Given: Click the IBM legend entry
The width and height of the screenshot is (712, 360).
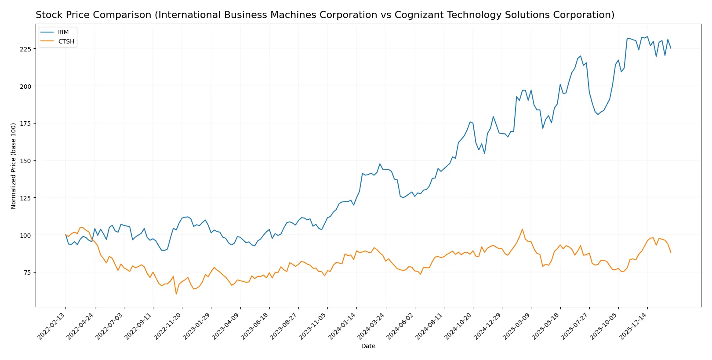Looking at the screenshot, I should (63, 33).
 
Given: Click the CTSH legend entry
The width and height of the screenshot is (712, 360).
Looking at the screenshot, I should (66, 42).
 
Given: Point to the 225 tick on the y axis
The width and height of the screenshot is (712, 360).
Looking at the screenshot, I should (25, 49).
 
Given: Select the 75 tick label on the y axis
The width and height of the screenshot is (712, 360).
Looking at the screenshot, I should (27, 273).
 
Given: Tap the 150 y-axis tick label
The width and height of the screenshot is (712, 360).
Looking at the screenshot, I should (25, 161).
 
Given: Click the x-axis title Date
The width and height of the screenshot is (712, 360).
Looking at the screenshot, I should (368, 346).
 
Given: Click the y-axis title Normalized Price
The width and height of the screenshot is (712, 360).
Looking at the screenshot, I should (14, 166).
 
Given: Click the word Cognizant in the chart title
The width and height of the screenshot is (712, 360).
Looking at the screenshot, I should (415, 15).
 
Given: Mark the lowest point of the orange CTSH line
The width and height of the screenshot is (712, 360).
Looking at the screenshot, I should (176, 294).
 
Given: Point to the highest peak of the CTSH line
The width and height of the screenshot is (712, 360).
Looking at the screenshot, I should (522, 229).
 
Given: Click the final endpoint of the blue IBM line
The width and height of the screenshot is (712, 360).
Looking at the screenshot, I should (671, 48).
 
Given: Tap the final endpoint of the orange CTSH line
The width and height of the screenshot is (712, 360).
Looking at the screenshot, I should (671, 252).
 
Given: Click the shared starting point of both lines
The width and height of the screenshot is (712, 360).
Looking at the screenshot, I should (65, 235).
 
